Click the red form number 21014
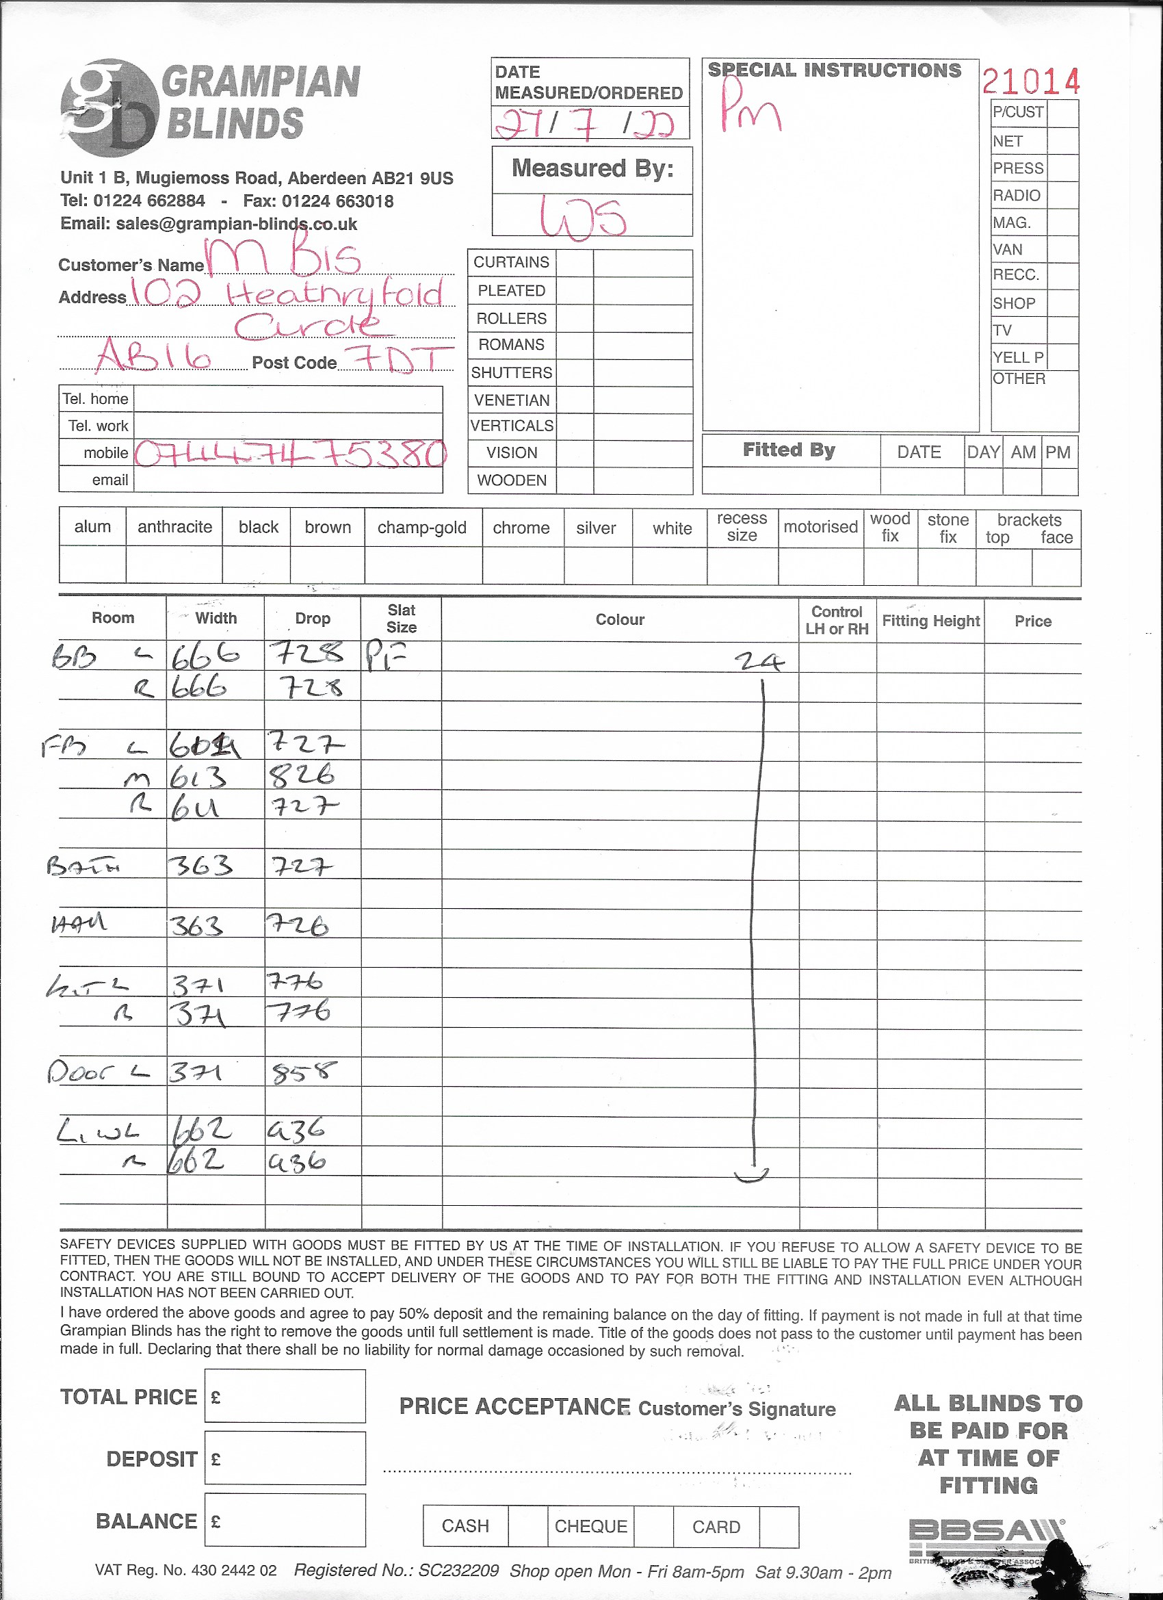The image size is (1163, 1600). [x=1030, y=82]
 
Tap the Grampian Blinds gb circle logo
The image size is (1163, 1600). [x=109, y=108]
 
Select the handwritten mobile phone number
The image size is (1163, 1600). [x=290, y=454]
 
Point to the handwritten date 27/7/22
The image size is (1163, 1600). [x=585, y=122]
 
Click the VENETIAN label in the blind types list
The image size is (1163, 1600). [x=511, y=400]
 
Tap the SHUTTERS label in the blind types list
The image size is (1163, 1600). [x=511, y=372]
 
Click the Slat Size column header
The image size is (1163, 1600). [x=402, y=619]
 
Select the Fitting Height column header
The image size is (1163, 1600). [x=930, y=621]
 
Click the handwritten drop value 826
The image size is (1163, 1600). [x=302, y=775]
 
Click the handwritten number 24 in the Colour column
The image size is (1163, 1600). [x=759, y=661]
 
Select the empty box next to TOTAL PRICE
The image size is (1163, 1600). [x=285, y=1396]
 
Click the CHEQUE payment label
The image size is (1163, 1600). [x=590, y=1527]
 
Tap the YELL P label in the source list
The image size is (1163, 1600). [x=1018, y=357]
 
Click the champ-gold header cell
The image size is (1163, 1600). [x=421, y=528]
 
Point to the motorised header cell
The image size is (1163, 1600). [x=820, y=527]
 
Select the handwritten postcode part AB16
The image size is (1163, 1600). [x=154, y=355]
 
